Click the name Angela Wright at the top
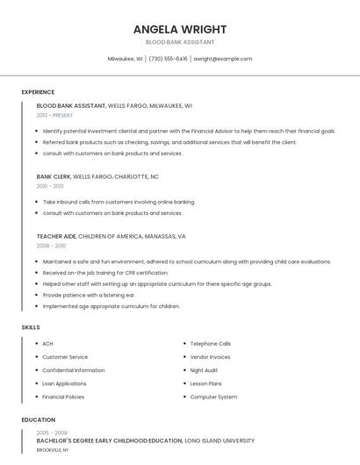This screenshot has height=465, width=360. click(179, 28)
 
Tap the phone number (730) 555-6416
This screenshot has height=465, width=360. click(168, 59)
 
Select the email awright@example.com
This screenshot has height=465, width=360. click(223, 59)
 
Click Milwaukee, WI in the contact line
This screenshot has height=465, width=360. click(126, 59)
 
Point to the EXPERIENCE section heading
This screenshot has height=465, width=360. click(38, 92)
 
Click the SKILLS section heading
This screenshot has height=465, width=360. click(31, 327)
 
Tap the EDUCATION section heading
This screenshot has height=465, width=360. click(39, 419)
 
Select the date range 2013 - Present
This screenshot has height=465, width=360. click(55, 115)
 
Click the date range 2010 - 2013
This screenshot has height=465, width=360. click(50, 186)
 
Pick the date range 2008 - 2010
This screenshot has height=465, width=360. click(50, 247)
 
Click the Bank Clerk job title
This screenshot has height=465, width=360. click(54, 176)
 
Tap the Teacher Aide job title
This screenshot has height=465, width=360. click(56, 236)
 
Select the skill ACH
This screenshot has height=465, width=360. click(47, 344)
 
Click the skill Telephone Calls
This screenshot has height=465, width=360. click(211, 344)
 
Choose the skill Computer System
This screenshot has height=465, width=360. click(213, 397)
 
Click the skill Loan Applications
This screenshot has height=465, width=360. click(64, 383)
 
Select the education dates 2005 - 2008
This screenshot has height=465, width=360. click(52, 433)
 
